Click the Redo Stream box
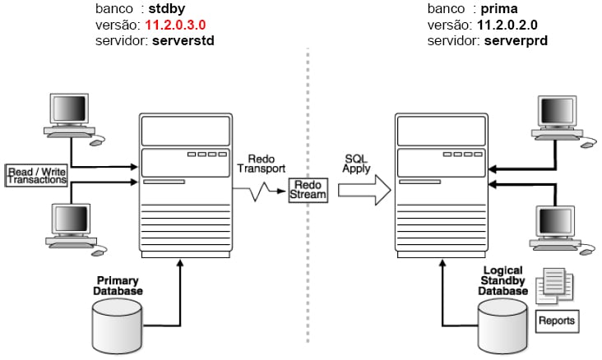coord(308,189)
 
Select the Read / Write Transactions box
coord(36,175)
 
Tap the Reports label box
coord(556,319)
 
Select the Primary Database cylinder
coord(122,323)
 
